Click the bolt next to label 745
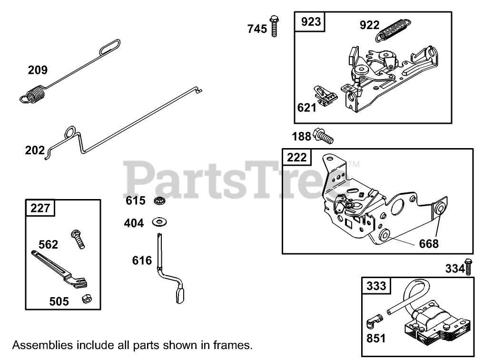click(274, 26)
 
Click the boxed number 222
click(297, 157)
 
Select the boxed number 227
click(40, 208)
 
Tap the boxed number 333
click(376, 286)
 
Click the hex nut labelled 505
click(86, 299)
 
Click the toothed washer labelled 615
click(159, 200)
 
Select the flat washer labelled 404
click(159, 222)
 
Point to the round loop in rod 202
click(69, 131)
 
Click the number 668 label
click(429, 244)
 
